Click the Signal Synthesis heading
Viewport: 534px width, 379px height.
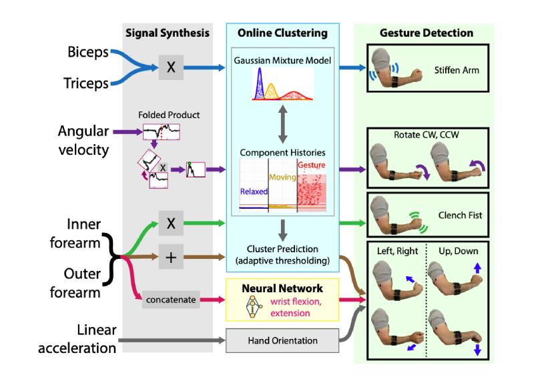coord(167,33)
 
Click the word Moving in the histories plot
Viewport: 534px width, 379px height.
coord(282,177)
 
